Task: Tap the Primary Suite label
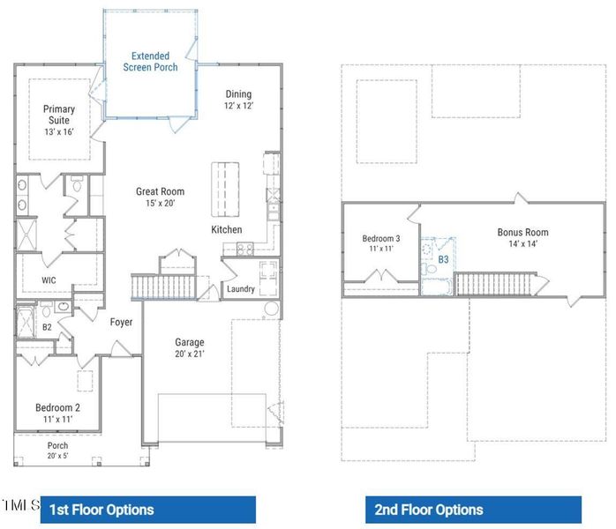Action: click(x=59, y=121)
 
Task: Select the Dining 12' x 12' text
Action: click(x=238, y=100)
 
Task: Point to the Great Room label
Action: click(x=160, y=197)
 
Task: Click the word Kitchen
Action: click(x=226, y=230)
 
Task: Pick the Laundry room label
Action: click(x=241, y=289)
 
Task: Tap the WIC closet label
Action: click(x=49, y=281)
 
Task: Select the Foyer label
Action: click(x=121, y=323)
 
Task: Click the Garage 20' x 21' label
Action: click(x=189, y=348)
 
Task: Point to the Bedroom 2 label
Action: click(x=58, y=413)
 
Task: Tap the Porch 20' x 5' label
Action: click(x=58, y=451)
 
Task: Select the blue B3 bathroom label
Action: click(x=443, y=260)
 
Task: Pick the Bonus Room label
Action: click(x=522, y=238)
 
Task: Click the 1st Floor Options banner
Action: click(x=147, y=510)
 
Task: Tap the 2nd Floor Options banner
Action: click(x=473, y=510)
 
